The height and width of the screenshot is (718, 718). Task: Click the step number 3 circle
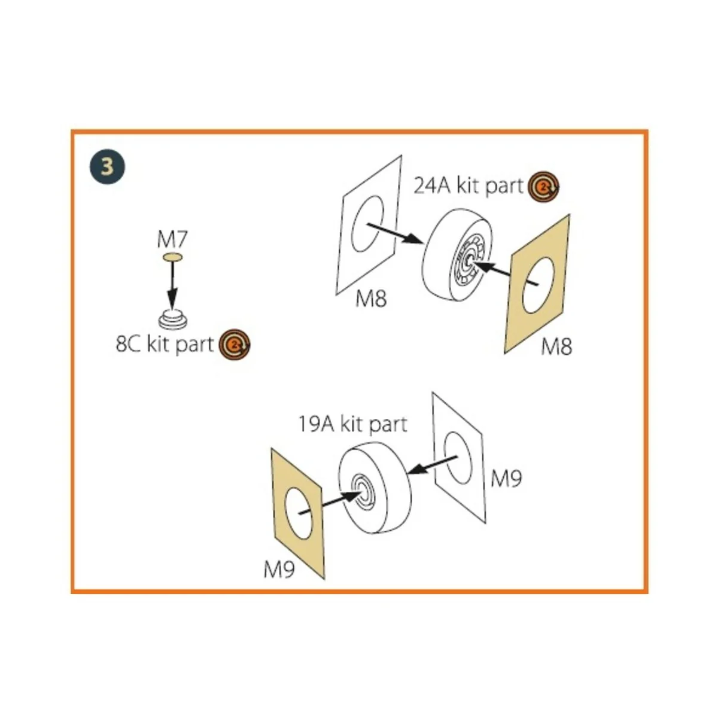coord(107,166)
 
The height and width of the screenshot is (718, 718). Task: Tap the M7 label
coord(172,240)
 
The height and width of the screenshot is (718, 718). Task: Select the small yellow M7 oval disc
coord(172,257)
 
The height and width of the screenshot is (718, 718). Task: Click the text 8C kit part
coord(165,345)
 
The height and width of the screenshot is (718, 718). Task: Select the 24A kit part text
coord(468,185)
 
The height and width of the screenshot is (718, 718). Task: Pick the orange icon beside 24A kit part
coord(543,187)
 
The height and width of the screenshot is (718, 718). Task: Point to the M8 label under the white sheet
coord(371,298)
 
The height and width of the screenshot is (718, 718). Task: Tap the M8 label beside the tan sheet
coord(556,346)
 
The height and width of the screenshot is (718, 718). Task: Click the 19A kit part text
coord(352,424)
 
